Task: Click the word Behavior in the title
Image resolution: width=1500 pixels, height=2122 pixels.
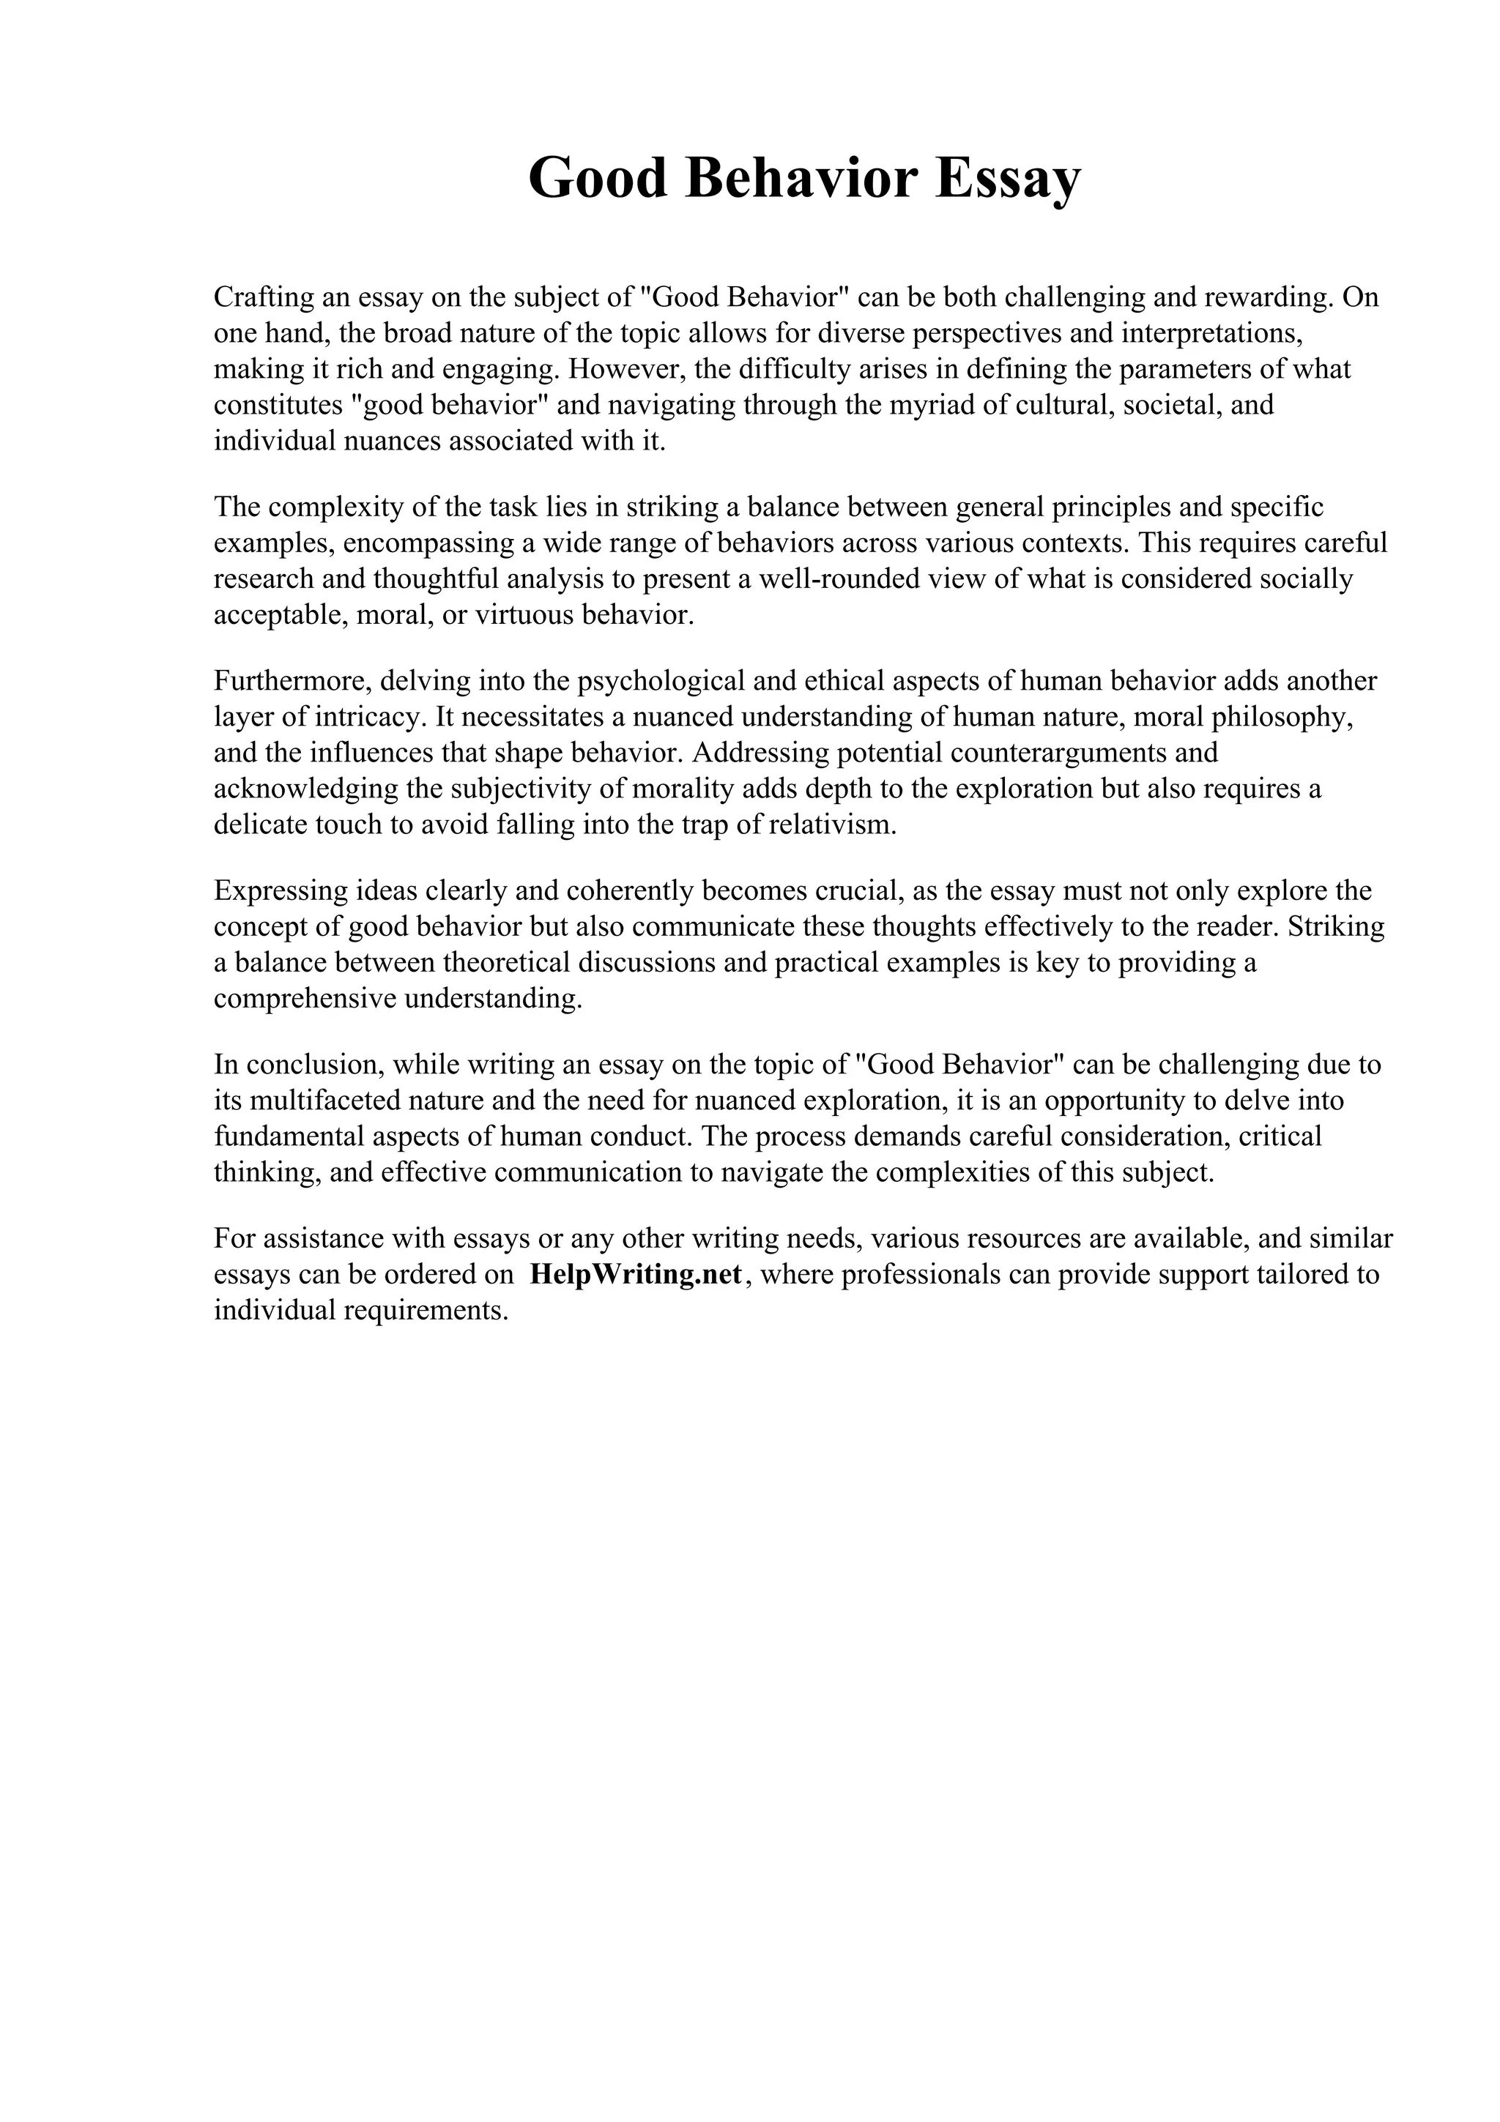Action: coord(801,179)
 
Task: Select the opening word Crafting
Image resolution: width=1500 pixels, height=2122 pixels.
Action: coord(262,297)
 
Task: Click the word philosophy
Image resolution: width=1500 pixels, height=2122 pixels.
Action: coord(1282,717)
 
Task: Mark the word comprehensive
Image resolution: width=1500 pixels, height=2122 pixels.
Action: coord(306,999)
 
